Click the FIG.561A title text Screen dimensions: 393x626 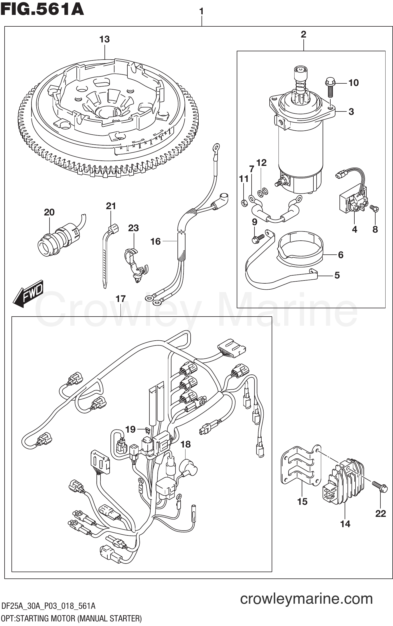42,9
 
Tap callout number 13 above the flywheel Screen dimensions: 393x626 104,39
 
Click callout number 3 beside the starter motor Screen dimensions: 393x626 351,111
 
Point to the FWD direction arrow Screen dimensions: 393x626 28,294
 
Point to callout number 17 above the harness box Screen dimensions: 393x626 121,299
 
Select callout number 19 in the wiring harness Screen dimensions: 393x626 131,429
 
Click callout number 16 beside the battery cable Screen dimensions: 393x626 156,242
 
